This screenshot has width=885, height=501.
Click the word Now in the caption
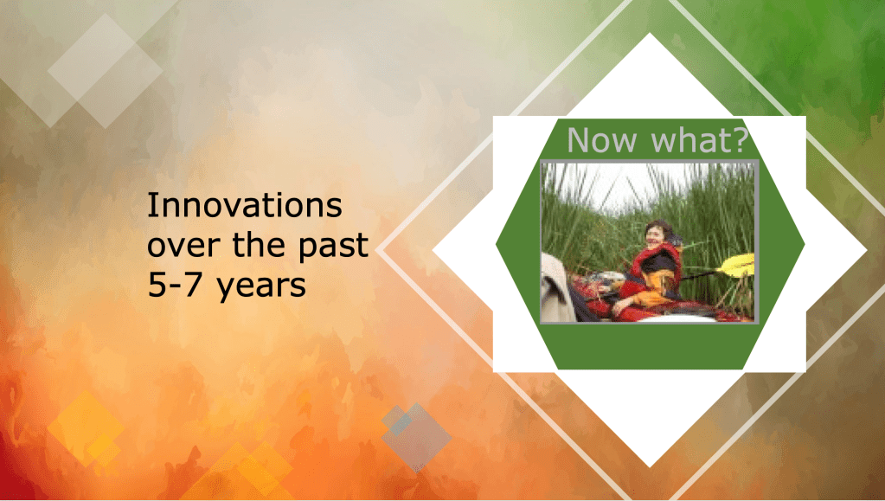point(601,140)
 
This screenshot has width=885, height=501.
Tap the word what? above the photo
point(700,139)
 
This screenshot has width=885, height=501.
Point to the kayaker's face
point(655,235)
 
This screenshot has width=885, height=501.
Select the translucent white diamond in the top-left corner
point(105,71)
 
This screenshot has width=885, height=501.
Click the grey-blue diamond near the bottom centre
point(416,437)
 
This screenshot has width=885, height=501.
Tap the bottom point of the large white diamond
point(650,467)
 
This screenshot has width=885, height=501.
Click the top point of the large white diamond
point(650,34)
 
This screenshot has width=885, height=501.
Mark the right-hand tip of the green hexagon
point(805,245)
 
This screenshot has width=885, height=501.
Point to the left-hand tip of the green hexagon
point(496,245)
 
